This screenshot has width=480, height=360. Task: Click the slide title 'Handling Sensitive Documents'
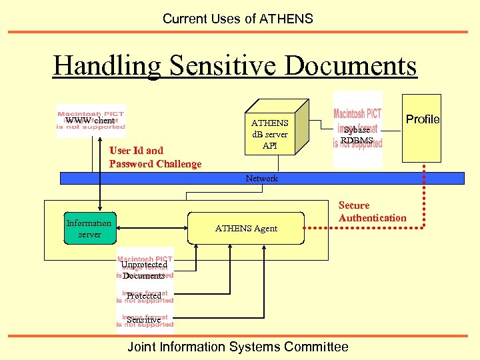[235, 66]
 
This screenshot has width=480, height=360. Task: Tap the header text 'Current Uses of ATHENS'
[237, 19]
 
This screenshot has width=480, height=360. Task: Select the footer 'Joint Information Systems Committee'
[237, 347]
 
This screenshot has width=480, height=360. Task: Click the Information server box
[89, 229]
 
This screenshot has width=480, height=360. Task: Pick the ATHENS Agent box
[246, 229]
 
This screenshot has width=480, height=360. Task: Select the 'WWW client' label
[90, 121]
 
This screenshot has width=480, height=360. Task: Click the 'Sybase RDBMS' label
[357, 135]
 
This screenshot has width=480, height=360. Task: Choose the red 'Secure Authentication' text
[372, 211]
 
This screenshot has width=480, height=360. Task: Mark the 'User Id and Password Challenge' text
[155, 157]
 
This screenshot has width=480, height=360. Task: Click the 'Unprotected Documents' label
[144, 270]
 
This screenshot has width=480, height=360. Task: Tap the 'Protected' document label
[144, 296]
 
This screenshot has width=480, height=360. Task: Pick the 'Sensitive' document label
[144, 320]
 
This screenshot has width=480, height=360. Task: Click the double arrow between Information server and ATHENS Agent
[152, 229]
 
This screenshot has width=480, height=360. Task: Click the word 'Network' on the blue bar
[262, 178]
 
